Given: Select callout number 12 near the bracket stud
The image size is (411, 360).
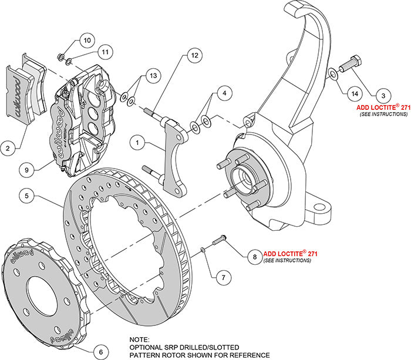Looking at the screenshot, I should pyautogui.click(x=194, y=57).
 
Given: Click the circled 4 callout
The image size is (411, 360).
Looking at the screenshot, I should pyautogui.click(x=223, y=93).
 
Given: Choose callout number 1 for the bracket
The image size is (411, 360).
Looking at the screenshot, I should pyautogui.click(x=137, y=142).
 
